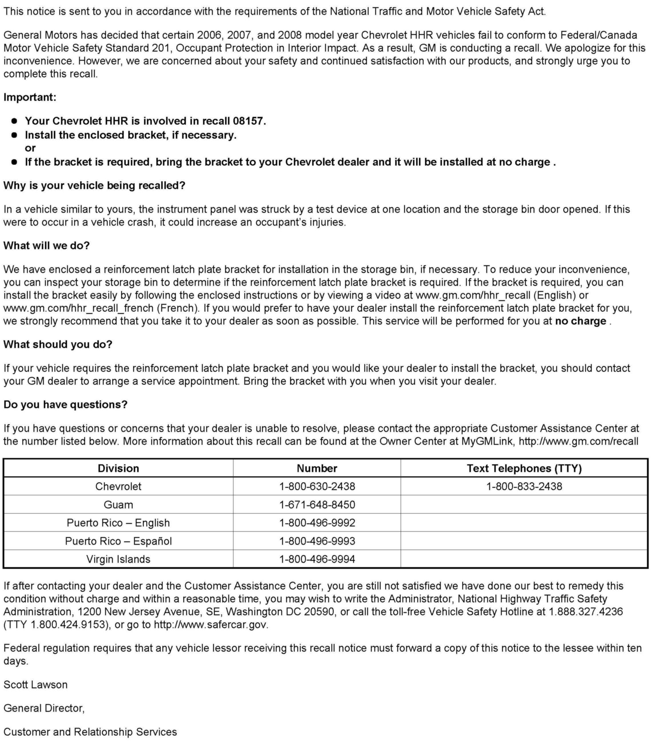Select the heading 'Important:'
30,97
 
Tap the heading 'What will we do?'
46,245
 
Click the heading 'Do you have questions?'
65,404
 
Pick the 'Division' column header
118,468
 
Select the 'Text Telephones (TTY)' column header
524,468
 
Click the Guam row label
118,504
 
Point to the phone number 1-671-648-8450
317,504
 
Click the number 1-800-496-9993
317,540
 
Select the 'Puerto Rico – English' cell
118,522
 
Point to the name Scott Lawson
36,685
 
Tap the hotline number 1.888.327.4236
585,612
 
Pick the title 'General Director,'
44,708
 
